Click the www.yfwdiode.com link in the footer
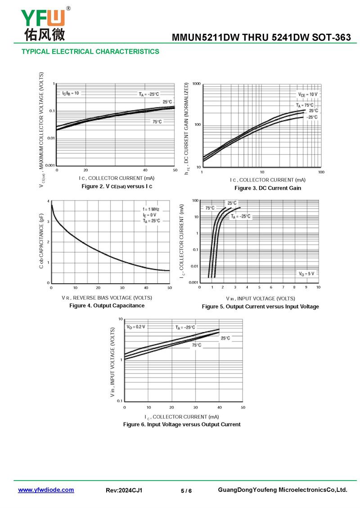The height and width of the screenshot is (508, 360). [46, 490]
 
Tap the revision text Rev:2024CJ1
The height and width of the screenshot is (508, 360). [124, 490]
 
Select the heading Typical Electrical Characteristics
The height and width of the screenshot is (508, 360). [90, 52]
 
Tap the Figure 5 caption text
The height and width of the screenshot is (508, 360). [260, 307]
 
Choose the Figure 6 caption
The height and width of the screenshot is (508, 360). [182, 424]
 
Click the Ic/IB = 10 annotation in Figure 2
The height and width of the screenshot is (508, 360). [71, 93]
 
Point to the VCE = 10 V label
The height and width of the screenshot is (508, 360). [308, 94]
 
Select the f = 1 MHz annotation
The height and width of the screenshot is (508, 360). [150, 209]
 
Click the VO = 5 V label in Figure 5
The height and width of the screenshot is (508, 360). [306, 273]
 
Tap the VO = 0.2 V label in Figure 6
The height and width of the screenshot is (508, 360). [136, 327]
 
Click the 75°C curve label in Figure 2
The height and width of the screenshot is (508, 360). [157, 122]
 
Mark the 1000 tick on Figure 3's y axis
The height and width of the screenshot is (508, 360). [196, 84]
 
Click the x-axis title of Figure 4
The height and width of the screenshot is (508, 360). [107, 298]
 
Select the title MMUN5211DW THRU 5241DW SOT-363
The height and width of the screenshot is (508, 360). [261, 38]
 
